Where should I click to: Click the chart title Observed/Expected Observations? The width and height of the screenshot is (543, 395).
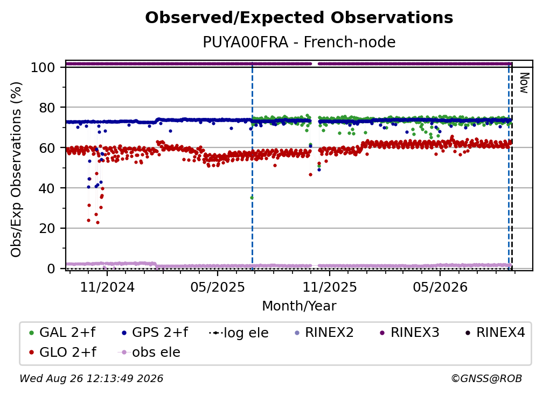tap(299, 18)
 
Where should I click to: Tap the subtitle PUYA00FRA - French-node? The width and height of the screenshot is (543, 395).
tap(299, 42)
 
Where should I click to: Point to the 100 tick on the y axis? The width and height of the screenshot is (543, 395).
tap(43, 67)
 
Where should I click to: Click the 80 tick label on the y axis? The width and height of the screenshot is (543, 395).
tap(47, 108)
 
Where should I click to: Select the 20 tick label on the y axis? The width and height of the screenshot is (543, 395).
tap(47, 229)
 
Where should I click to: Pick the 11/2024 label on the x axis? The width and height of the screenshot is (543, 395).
tap(107, 287)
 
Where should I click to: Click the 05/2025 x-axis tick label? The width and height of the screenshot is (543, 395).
tap(218, 287)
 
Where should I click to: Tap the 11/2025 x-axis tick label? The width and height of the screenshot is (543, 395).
tap(330, 287)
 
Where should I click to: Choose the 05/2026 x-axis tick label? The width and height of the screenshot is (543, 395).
tap(440, 287)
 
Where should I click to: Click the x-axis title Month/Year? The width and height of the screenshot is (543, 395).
tap(299, 306)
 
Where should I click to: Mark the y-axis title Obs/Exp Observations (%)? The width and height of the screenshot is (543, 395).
tap(16, 170)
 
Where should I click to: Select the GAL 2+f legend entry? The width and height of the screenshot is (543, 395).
tap(62, 333)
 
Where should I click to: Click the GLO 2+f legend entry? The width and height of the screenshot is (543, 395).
tap(62, 352)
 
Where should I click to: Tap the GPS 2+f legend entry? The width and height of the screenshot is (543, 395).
tap(155, 333)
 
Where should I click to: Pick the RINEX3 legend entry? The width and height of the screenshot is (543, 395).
tap(409, 333)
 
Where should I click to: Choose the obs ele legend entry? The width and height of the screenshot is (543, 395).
tap(149, 352)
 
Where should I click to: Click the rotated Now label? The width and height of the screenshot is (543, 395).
tap(525, 83)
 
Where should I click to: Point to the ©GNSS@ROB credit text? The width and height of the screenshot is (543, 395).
tap(486, 379)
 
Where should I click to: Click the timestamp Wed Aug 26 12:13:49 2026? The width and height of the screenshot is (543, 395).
tap(91, 379)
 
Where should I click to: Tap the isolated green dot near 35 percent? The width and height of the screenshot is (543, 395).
tap(252, 198)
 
